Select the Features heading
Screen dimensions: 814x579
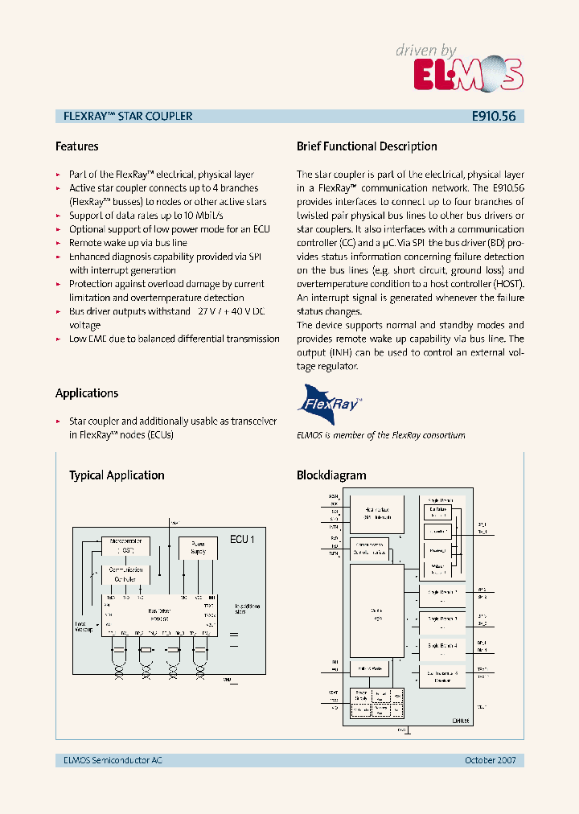click(77, 146)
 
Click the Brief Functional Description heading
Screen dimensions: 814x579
click(367, 146)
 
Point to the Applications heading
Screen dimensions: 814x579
click(87, 393)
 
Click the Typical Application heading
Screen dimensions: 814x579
click(117, 475)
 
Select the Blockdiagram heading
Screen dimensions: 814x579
click(331, 475)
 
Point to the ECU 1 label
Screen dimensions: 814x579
click(242, 539)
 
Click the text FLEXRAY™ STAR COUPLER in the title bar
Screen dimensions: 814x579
click(128, 116)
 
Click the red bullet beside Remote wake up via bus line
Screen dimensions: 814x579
click(58, 243)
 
